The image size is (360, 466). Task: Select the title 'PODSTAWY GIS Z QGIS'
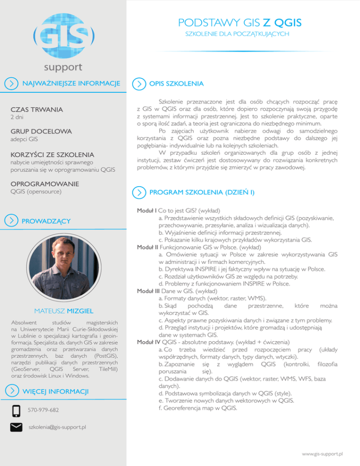pos(240,23)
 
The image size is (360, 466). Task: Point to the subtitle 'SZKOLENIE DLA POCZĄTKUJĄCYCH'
pos(238,35)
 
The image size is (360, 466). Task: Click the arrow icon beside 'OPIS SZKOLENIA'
pos(138,84)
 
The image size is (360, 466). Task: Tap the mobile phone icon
pos(16,411)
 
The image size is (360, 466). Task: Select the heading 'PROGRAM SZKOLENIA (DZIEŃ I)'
pos(202,192)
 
